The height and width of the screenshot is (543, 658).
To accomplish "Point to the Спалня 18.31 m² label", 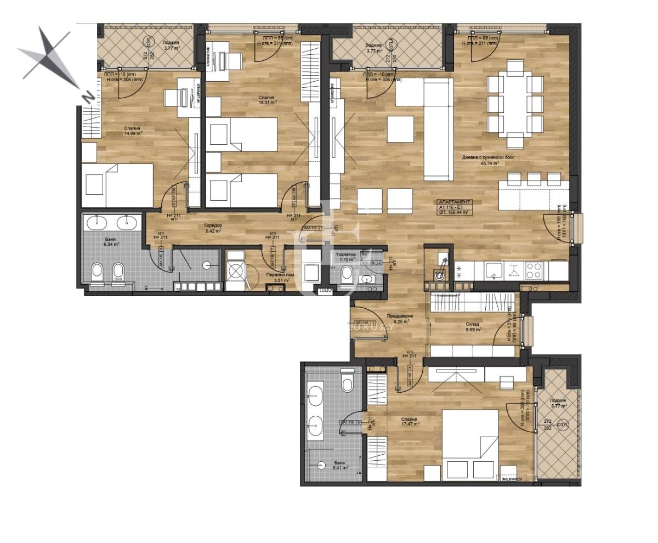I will pyautogui.click(x=268, y=99).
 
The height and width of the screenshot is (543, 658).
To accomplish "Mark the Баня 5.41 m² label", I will pyautogui.click(x=341, y=465).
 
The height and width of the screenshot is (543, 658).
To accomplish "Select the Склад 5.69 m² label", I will pyautogui.click(x=473, y=327).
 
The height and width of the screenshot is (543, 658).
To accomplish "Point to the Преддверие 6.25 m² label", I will pyautogui.click(x=400, y=319).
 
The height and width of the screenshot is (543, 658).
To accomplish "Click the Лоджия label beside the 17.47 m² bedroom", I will pyautogui.click(x=560, y=403).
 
